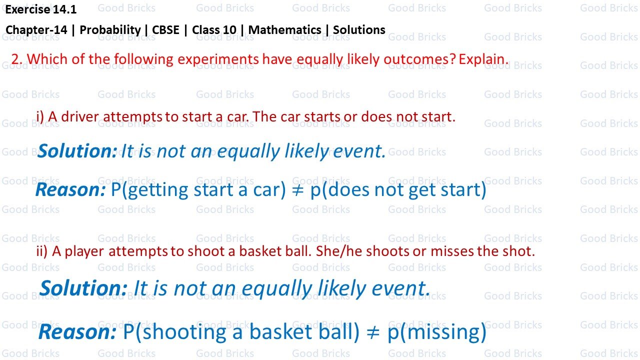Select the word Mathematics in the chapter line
tap(284, 30)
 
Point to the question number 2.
tap(16, 59)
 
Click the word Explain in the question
tap(482, 59)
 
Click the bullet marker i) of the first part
tap(40, 117)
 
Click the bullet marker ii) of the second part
tap(42, 251)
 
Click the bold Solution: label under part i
tap(77, 151)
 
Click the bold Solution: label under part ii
tap(83, 288)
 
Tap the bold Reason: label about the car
tap(70, 189)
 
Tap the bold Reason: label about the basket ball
tap(77, 332)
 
